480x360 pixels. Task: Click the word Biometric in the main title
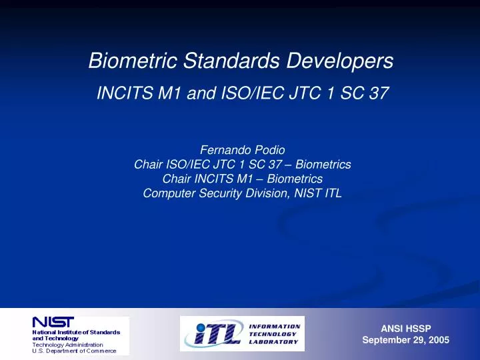tap(133, 60)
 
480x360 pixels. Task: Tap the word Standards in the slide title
tap(231, 60)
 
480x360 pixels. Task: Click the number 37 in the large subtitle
tap(379, 93)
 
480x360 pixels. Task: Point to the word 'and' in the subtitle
tap(201, 93)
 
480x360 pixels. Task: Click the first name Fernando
tap(225, 150)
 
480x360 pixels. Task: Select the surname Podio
tap(270, 150)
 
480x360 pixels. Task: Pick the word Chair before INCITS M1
tap(177, 179)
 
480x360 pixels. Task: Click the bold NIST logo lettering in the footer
tap(53, 322)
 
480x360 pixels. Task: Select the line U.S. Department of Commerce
tap(75, 351)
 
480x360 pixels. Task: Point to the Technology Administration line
tap(67, 345)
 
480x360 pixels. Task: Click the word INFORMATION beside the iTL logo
tap(275, 327)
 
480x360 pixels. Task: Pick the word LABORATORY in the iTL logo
tap(273, 341)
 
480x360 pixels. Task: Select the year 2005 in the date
tap(439, 340)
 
